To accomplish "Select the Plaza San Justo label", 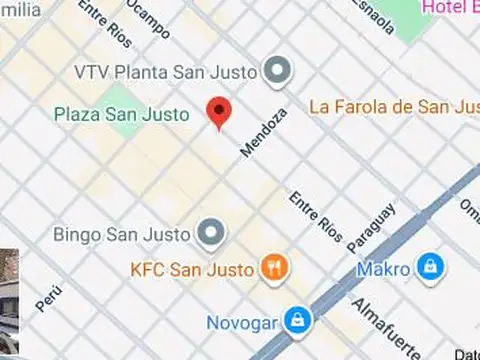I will (121, 114).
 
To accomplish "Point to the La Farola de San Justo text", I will (394, 106).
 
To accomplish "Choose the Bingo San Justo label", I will (123, 235).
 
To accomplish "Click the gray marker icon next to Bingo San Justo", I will (211, 234).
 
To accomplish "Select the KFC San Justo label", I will (193, 268).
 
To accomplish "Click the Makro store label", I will (384, 269).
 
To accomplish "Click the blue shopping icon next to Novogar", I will (296, 321).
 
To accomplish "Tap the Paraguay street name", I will (371, 227).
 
